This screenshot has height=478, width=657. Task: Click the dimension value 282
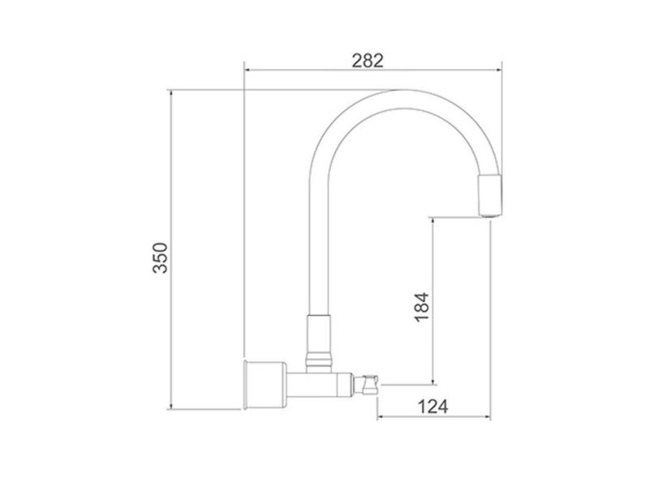pos(367,59)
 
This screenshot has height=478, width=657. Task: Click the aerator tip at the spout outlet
pos(490,195)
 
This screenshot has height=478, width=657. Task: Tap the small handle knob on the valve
pos(371,382)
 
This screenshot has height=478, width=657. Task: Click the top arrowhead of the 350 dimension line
pos(171,92)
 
